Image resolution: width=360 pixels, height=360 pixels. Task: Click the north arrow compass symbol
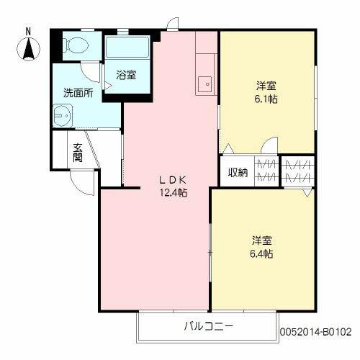coord(29,48)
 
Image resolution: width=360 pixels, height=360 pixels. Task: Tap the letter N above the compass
coord(29,31)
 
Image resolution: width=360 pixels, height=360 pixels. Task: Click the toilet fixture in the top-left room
coord(73,46)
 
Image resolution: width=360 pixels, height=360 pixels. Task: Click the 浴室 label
coord(127,75)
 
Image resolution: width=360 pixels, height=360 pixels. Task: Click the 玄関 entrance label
coord(78,152)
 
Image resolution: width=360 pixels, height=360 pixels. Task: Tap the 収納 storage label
coord(238,172)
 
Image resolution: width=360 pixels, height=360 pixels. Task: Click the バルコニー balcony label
coord(208,326)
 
